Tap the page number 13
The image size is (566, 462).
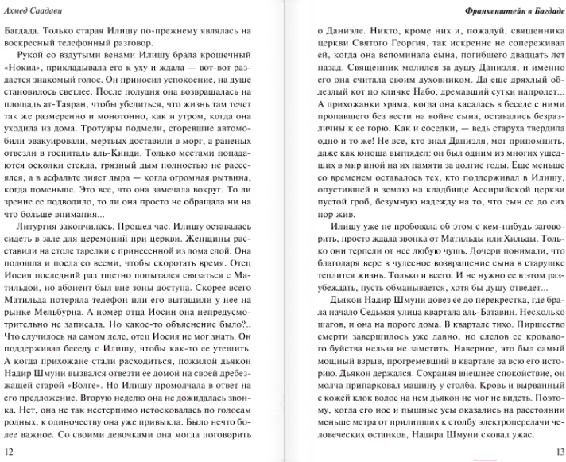(556, 452)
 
